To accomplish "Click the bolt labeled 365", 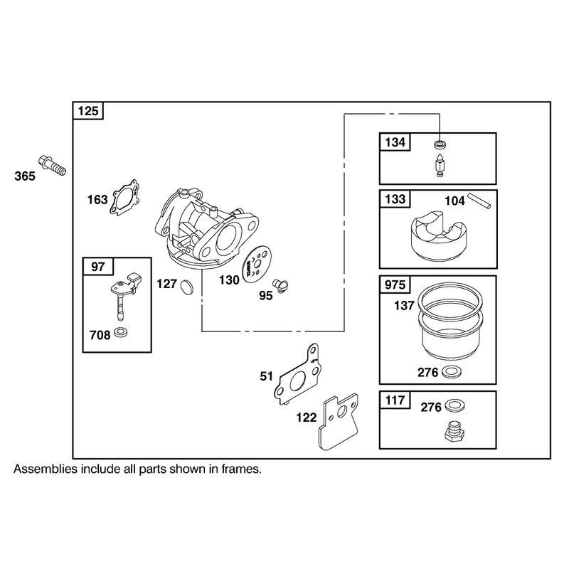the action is click(x=52, y=166).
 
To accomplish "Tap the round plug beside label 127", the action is click(x=187, y=287).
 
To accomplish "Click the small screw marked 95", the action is click(x=280, y=286).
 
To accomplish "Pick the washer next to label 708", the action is click(x=121, y=332).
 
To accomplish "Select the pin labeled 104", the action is click(x=479, y=201).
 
